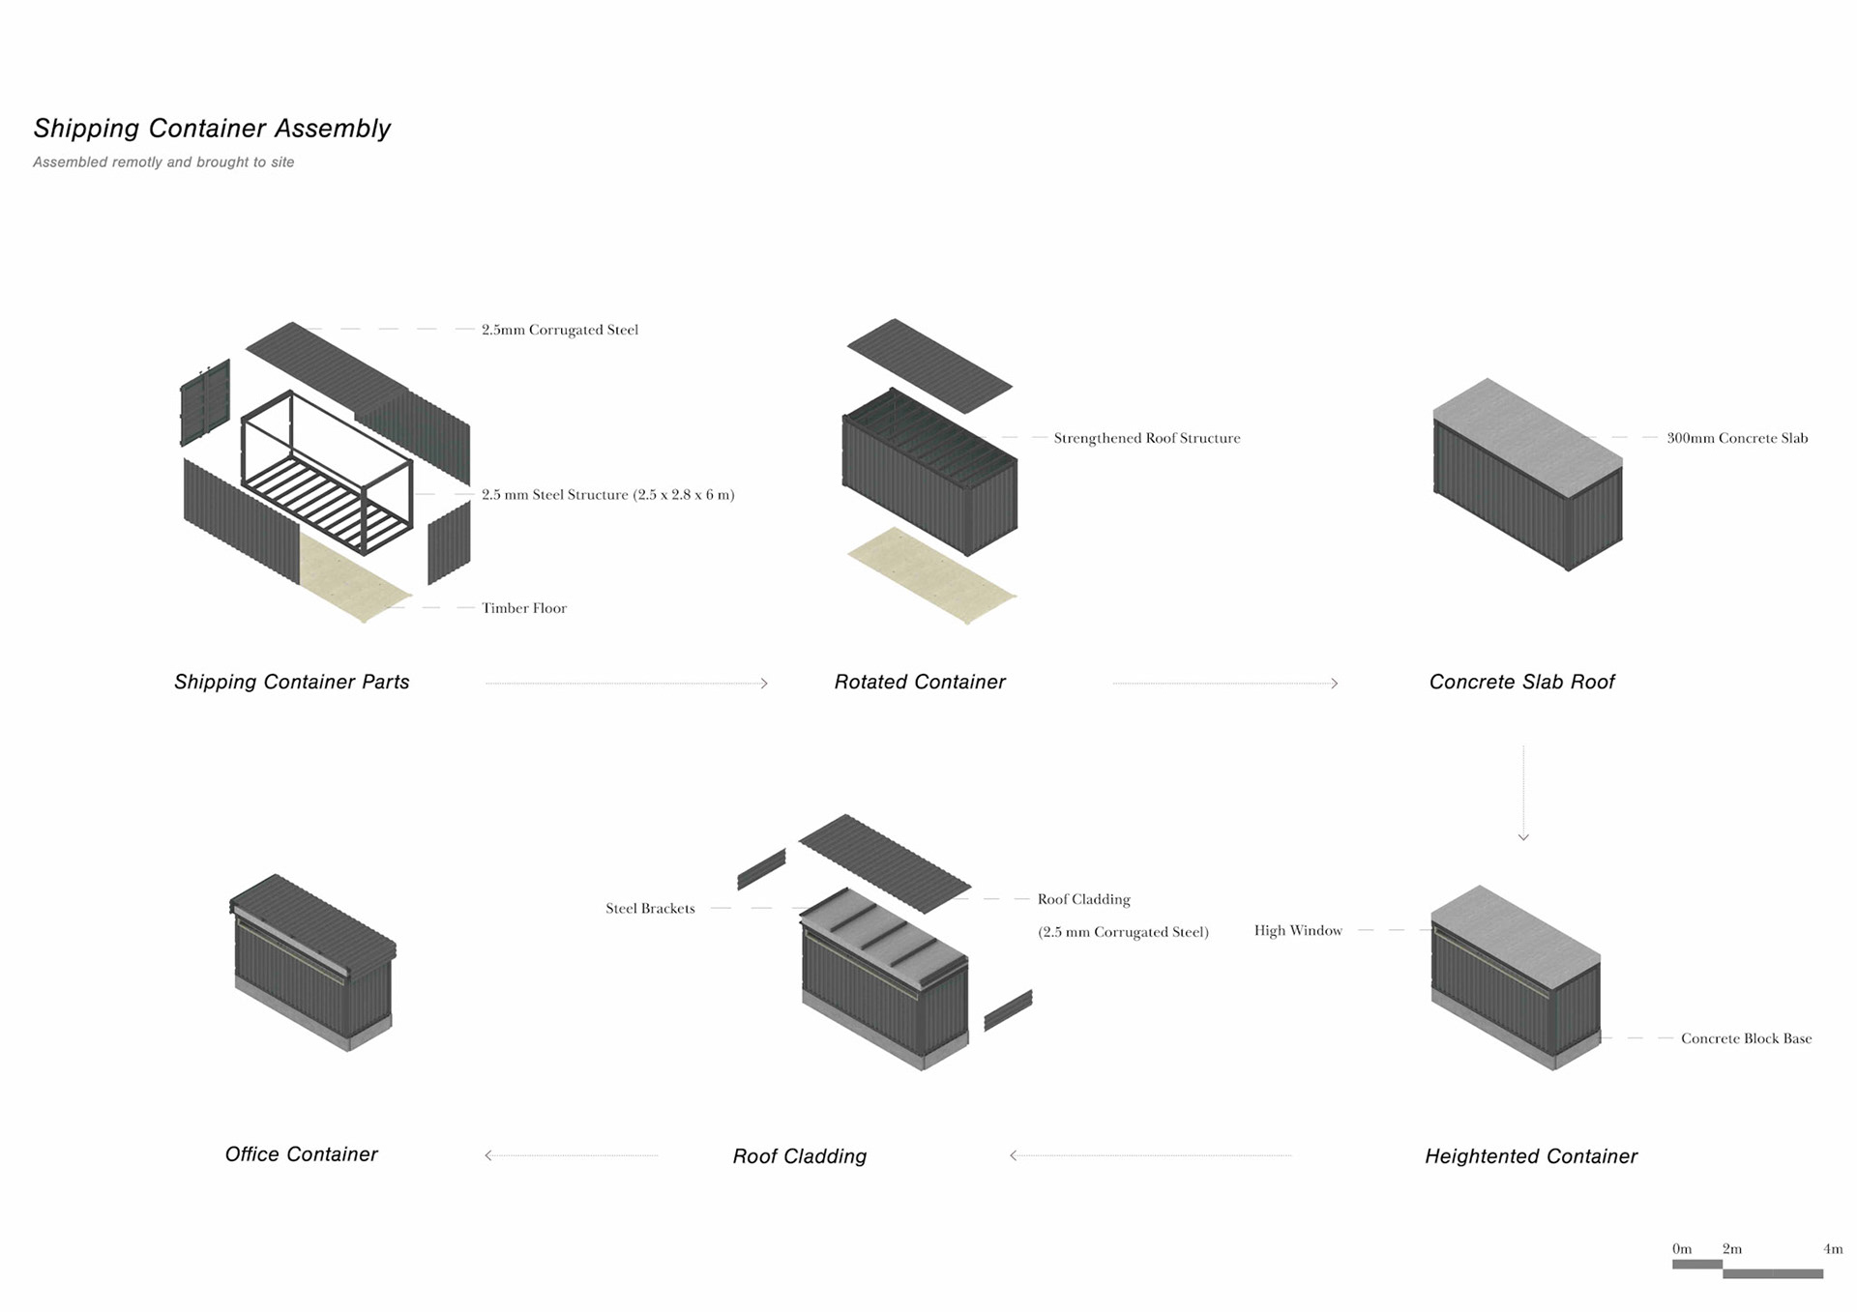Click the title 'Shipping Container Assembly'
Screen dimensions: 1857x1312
click(212, 129)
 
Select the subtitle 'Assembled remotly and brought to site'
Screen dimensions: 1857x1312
click(163, 162)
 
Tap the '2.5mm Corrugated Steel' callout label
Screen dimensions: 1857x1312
click(560, 330)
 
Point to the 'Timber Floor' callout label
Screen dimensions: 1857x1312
click(524, 608)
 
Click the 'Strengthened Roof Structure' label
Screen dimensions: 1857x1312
click(1146, 438)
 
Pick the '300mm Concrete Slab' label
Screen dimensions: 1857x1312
click(1737, 438)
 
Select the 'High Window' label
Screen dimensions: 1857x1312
click(1298, 930)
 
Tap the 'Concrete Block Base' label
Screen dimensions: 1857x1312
click(1746, 1038)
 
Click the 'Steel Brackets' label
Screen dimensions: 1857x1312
click(650, 909)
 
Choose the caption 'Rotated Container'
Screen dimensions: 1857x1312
click(920, 683)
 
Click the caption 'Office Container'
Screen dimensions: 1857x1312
click(301, 1154)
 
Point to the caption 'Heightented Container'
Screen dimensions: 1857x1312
click(1531, 1156)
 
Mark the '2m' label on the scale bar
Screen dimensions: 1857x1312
click(1732, 1249)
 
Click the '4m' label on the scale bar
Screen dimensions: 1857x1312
click(1833, 1249)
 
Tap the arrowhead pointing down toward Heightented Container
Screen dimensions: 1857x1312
click(1523, 837)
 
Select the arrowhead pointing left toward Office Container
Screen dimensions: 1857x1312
click(489, 1155)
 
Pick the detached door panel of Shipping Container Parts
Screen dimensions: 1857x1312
click(205, 401)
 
